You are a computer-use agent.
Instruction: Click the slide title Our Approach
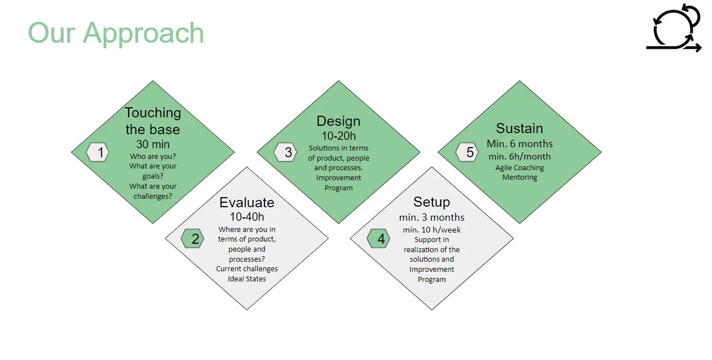coord(116,33)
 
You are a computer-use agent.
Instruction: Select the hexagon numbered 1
coord(98,152)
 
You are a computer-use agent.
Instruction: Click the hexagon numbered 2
coord(192,239)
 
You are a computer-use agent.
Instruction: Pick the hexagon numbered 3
coord(285,152)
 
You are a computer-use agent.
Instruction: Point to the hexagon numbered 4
coord(378,239)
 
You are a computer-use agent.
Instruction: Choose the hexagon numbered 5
coord(467,152)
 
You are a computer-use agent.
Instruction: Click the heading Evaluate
coord(247,202)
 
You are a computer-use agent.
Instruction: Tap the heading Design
coord(339,121)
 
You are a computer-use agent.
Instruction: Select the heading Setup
coord(432,202)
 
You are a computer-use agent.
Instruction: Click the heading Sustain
coord(520,128)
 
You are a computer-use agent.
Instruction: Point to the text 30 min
coord(153,144)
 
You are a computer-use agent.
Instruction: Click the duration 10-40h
coord(247,217)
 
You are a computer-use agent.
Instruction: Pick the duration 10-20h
coord(339,136)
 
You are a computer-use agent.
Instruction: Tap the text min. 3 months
coord(432,217)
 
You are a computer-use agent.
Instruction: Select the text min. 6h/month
coord(520,157)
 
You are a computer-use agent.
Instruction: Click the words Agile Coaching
coord(520,167)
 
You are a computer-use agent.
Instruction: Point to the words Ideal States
coord(247,279)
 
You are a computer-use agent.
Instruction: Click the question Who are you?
coord(153,157)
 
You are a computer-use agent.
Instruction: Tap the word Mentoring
coord(520,177)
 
